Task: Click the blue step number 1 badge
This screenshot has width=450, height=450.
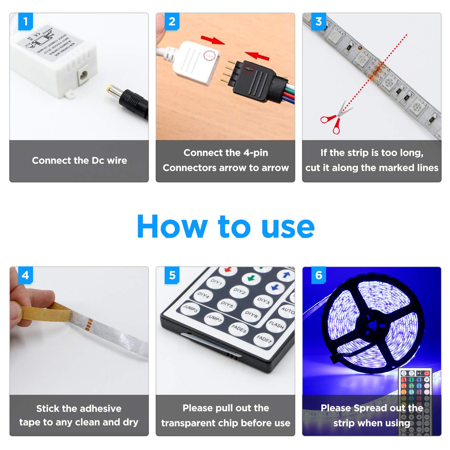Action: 25,21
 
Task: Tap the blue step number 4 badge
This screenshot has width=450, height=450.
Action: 25,275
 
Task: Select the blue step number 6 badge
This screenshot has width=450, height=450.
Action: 319,275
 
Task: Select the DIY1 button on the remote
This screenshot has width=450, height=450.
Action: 216,282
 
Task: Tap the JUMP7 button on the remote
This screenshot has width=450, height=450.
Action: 214,318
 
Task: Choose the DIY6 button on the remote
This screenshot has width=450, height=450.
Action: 251,314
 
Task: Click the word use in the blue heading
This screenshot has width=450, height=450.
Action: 288,227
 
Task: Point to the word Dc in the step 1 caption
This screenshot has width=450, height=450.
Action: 98,160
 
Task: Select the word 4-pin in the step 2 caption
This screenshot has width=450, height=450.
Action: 256,153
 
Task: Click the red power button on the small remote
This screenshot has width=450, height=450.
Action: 427,373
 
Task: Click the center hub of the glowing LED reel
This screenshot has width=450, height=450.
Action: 373,325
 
